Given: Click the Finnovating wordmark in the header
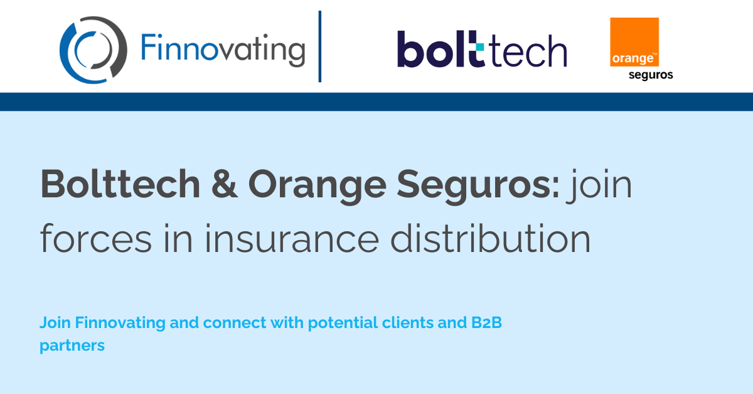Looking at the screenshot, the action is pyautogui.click(x=223, y=50).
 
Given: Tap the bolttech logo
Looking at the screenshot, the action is pyautogui.click(x=482, y=49).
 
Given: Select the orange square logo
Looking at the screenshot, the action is pyautogui.click(x=634, y=41).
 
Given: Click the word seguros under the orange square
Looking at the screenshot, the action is pyautogui.click(x=651, y=75).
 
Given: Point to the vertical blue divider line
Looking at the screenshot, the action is pyautogui.click(x=320, y=47).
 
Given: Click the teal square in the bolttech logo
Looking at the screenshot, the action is pyautogui.click(x=480, y=47).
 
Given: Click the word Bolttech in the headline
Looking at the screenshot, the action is pyautogui.click(x=120, y=184).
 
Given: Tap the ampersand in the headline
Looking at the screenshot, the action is pyautogui.click(x=225, y=184).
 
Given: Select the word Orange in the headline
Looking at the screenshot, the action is pyautogui.click(x=318, y=186).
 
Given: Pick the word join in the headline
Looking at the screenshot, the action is pyautogui.click(x=599, y=186).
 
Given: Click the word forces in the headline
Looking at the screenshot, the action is pyautogui.click(x=96, y=238).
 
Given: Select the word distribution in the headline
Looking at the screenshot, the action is pyautogui.click(x=490, y=238).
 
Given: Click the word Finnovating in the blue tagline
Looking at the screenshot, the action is pyautogui.click(x=120, y=322).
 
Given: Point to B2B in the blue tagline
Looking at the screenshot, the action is pyautogui.click(x=486, y=322).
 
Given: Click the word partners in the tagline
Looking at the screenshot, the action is pyautogui.click(x=72, y=346).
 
